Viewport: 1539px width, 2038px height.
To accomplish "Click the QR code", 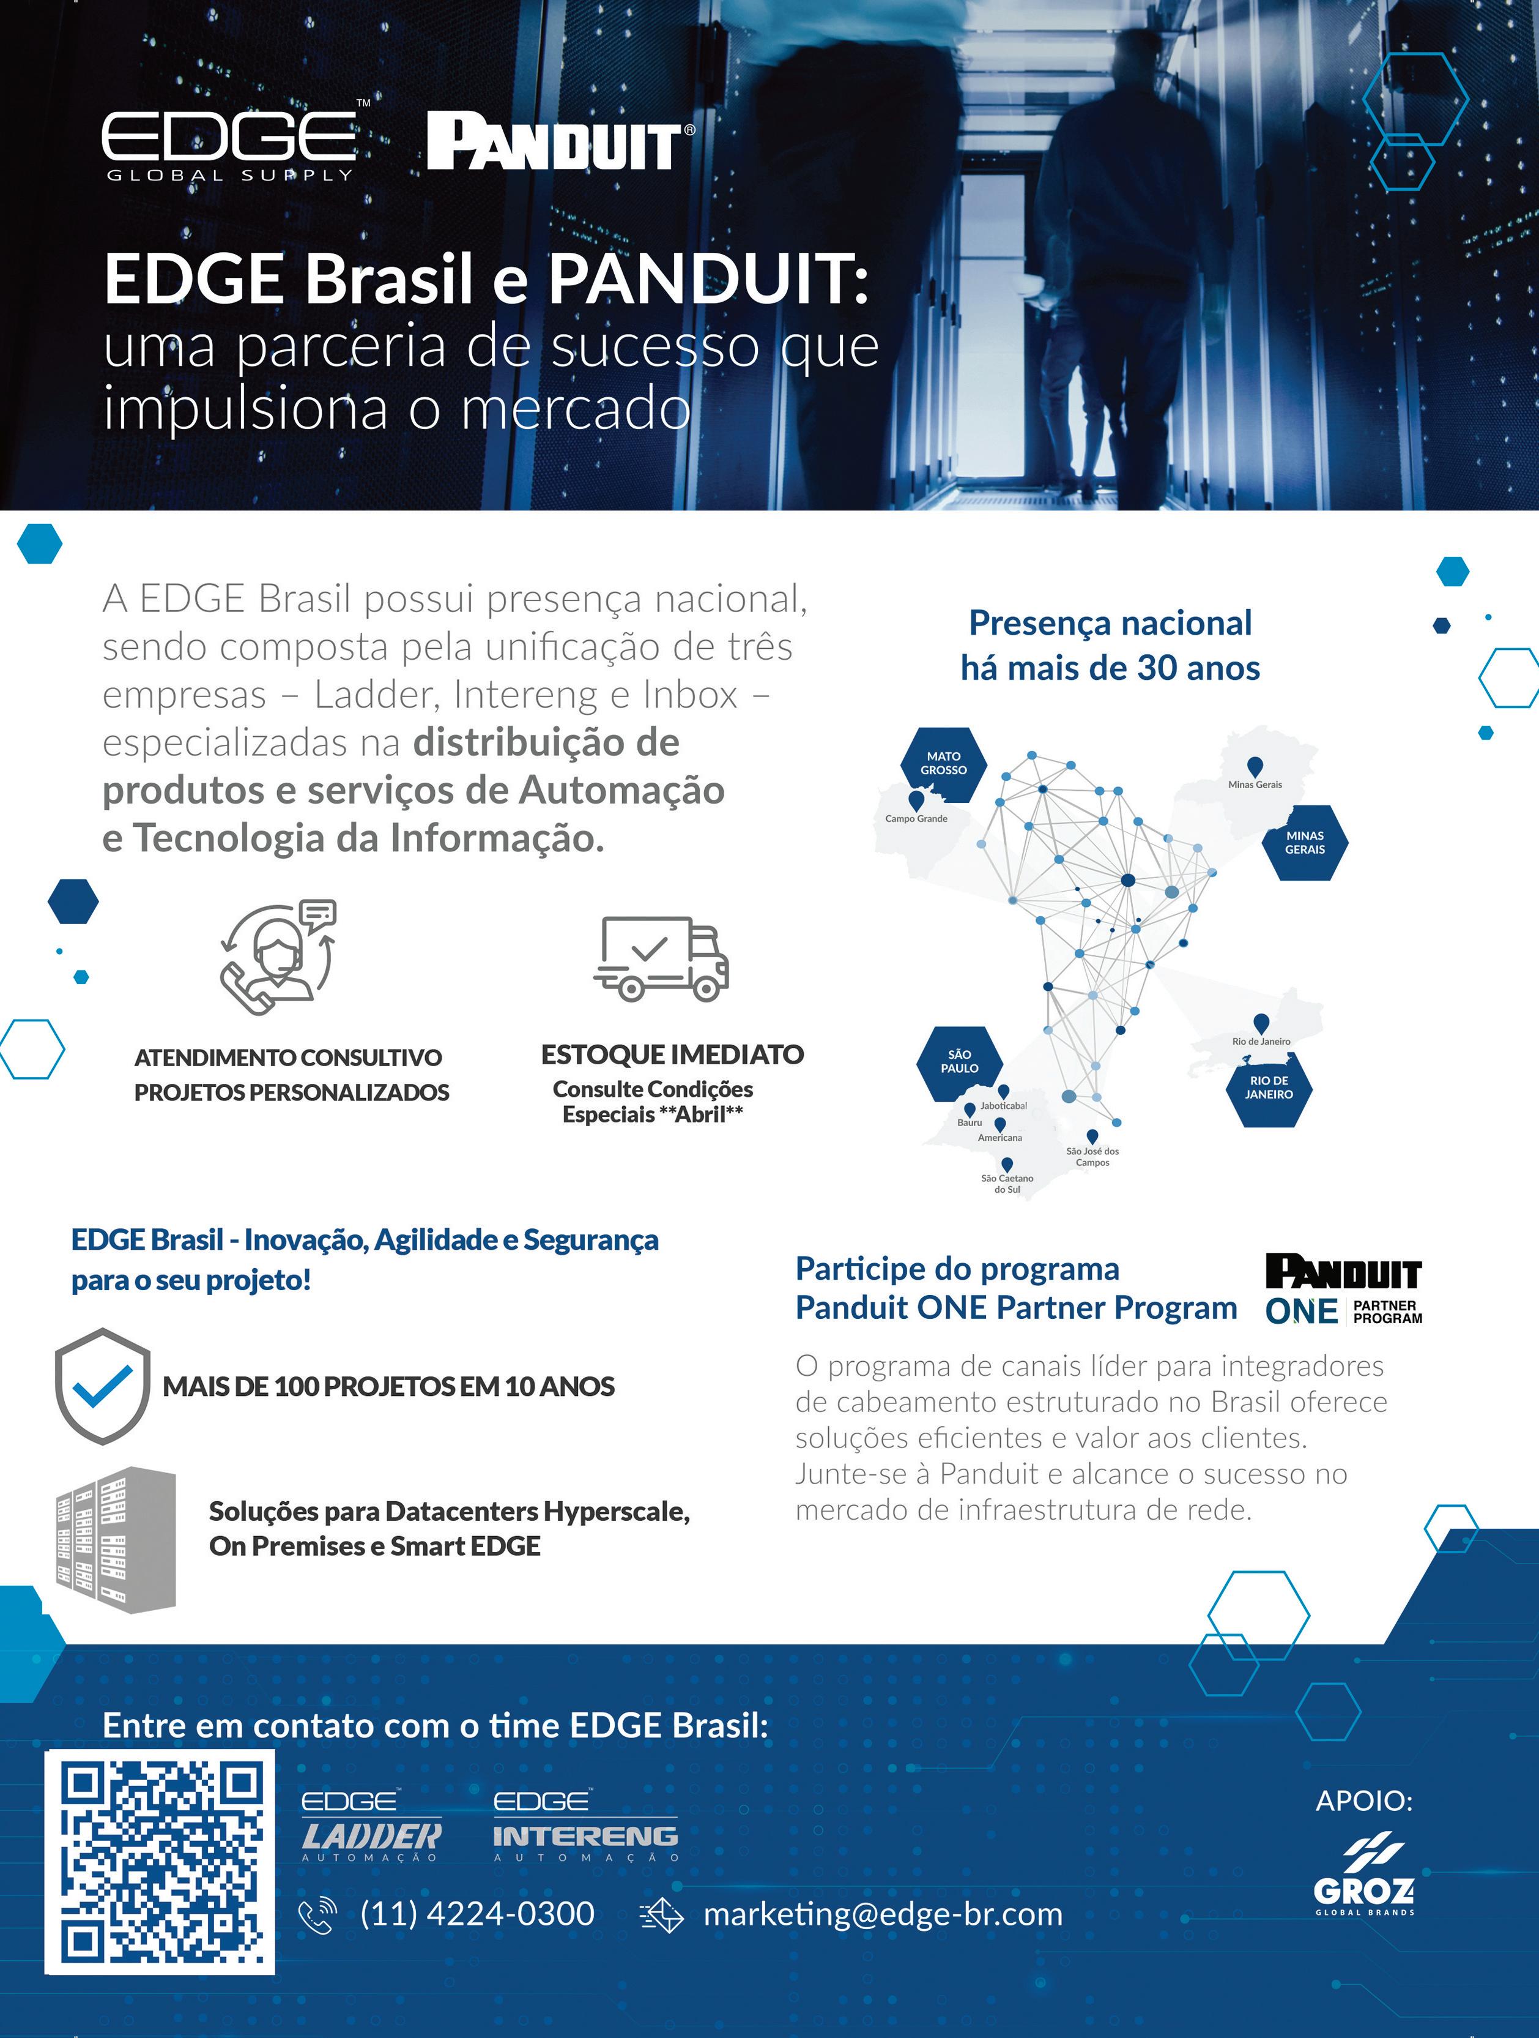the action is [x=160, y=1862].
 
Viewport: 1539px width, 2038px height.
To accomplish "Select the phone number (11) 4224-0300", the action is [x=477, y=1914].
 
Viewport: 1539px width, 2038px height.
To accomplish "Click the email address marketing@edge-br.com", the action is [x=882, y=1914].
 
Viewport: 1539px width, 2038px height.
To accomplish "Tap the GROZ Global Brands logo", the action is [x=1364, y=1877].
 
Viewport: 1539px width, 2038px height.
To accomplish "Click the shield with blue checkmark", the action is [x=102, y=1386].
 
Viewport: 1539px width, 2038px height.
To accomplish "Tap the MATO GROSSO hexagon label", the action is [x=943, y=763].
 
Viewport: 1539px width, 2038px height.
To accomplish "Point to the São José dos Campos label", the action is [x=1092, y=1156].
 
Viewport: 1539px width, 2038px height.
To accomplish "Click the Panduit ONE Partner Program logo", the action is [x=1343, y=1289].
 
